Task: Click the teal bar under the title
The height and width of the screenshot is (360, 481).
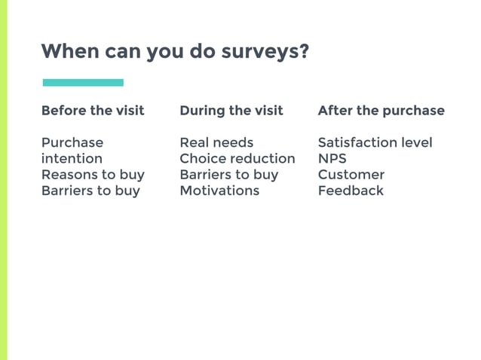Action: (83, 82)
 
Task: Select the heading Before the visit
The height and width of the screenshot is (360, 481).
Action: (93, 111)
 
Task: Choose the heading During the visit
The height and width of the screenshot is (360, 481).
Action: (231, 111)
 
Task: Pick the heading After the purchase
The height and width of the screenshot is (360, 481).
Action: (381, 111)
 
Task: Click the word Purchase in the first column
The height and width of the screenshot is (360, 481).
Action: (72, 142)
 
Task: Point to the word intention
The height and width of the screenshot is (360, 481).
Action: (72, 158)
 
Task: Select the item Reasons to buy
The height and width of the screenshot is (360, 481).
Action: (93, 174)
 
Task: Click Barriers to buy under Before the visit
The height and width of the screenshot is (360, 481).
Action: (90, 191)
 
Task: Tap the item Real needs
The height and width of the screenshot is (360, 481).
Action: (216, 142)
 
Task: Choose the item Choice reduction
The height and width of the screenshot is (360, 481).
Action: (237, 158)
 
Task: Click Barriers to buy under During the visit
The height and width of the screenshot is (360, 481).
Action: (228, 174)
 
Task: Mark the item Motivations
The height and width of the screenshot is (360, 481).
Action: (219, 191)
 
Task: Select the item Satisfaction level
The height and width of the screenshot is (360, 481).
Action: (375, 142)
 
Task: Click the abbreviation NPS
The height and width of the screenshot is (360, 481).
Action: (332, 158)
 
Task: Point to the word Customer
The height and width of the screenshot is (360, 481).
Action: (351, 174)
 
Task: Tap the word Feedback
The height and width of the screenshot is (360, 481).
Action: (351, 191)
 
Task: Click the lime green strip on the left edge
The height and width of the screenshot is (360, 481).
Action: (3, 180)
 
